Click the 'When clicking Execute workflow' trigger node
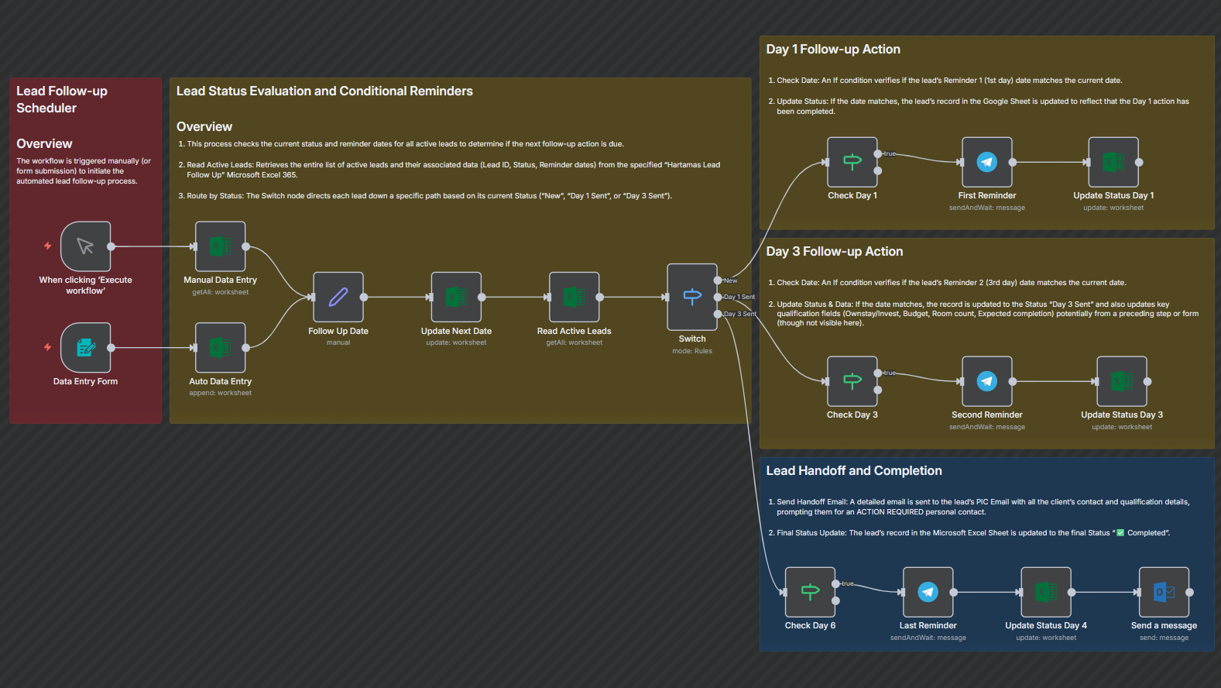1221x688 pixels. pos(85,246)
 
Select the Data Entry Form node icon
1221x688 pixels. pos(85,348)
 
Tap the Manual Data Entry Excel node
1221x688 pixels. pos(220,246)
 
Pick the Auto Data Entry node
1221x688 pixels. pos(220,348)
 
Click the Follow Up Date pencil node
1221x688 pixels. pos(338,297)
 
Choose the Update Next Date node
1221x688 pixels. pos(456,297)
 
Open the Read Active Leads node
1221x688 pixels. pos(574,297)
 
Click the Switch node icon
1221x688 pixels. pos(692,297)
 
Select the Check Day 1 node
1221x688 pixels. pos(852,162)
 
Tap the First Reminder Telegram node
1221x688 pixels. pos(986,162)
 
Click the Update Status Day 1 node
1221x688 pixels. pos(1113,162)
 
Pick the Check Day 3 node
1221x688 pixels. pos(852,381)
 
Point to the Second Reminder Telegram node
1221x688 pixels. pos(986,381)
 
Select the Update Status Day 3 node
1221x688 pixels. pos(1121,381)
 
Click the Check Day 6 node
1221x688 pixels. pos(810,592)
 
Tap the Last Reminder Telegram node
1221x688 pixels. pos(928,592)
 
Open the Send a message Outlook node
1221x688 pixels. pos(1164,592)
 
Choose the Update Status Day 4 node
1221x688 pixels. pos(1046,592)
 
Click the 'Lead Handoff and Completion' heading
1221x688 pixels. pos(853,471)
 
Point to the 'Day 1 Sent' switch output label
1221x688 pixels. pos(739,297)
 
